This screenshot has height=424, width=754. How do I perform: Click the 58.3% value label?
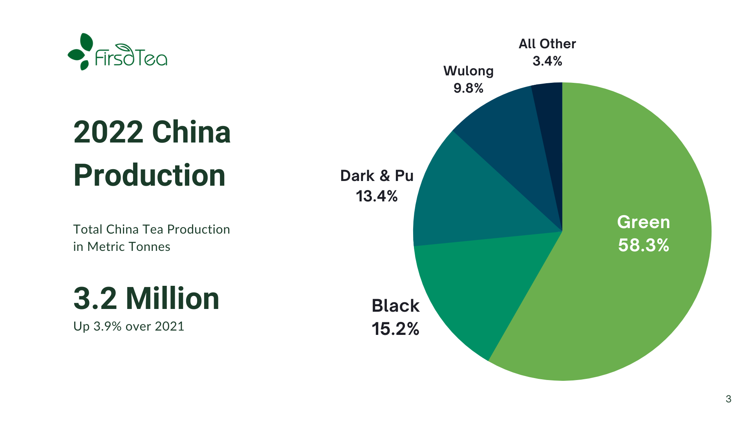point(643,245)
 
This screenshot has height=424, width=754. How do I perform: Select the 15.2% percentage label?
point(395,329)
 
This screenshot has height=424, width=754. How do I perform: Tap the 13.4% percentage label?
point(377,196)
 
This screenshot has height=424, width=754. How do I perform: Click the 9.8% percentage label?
point(468,88)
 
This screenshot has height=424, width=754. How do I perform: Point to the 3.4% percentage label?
point(547,61)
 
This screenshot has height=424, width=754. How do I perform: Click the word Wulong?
point(468,71)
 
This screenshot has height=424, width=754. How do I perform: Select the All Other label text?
point(547,44)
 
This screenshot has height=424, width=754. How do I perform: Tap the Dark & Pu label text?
point(377,176)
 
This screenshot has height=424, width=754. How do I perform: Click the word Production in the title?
point(149,175)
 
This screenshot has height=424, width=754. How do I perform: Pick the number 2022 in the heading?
point(108,132)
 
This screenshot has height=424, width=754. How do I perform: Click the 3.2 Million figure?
point(146,298)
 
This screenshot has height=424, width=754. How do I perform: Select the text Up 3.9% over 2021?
point(128,326)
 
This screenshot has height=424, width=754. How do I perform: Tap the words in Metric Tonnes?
point(121,247)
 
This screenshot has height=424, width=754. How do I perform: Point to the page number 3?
point(728,399)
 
